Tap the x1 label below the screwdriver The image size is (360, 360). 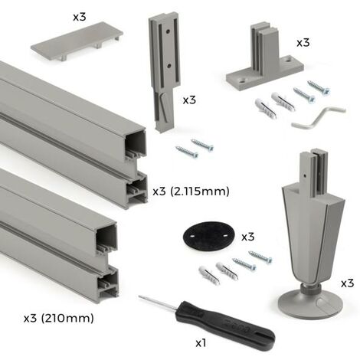pos(201,343)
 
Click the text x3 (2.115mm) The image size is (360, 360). pos(191,191)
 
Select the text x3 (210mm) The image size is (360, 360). pos(59,319)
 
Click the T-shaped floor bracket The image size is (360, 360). pos(264,58)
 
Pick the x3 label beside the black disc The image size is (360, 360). pos(248,237)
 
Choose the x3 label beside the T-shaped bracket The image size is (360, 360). pos(303,43)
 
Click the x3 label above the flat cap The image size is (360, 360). pos(80,17)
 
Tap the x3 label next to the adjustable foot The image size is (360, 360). pos(347,283)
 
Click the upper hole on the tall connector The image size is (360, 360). pos(168,32)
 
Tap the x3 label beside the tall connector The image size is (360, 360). pos(189,100)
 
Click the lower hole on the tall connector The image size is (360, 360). pos(169,66)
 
